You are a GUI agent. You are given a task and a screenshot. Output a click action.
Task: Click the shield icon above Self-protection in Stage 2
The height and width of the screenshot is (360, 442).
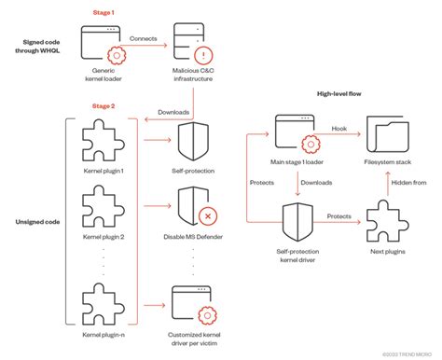click(x=195, y=142)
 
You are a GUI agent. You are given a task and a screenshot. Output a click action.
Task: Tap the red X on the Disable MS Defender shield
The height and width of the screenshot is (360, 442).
click(x=207, y=215)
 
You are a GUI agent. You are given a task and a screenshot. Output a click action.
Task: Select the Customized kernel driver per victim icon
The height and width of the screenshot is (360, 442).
click(x=195, y=300)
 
